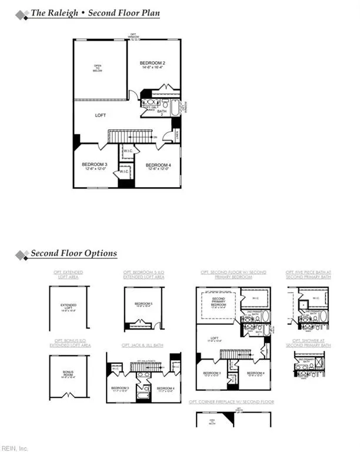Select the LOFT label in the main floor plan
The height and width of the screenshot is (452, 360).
pyautogui.click(x=101, y=115)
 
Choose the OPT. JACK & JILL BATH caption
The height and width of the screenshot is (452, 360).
pyautogui.click(x=144, y=345)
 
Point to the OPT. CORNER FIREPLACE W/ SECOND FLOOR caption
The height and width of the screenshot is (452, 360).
pyautogui.click(x=231, y=401)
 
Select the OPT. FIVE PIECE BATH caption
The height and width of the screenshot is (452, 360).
pyautogui.click(x=308, y=274)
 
